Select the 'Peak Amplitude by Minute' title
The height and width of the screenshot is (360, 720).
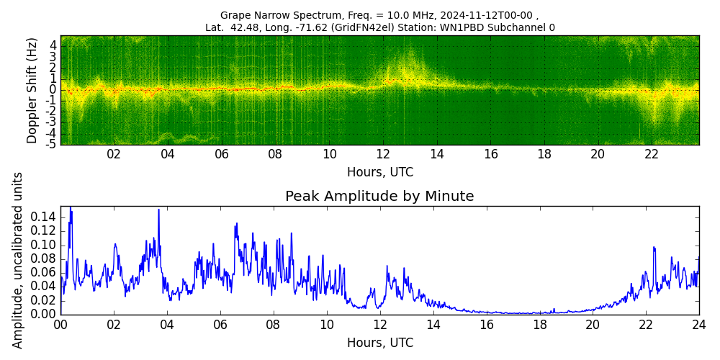tap(379, 197)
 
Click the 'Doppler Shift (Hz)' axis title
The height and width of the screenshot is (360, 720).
tap(32, 90)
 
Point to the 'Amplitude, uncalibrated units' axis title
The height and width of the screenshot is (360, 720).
tap(18, 260)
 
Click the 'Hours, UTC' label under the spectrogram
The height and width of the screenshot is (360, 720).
tap(379, 173)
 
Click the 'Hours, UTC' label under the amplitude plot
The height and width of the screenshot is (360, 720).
tap(379, 343)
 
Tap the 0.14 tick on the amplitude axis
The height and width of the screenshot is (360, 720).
tap(42, 217)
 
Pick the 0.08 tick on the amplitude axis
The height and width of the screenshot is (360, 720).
tap(42, 258)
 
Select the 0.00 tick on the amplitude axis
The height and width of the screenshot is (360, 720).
tap(42, 314)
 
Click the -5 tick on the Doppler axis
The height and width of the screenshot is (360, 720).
tap(52, 144)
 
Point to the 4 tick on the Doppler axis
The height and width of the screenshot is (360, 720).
tap(53, 45)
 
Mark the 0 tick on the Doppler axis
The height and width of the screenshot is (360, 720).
tap(53, 89)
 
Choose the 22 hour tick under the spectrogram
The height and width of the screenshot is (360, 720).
tap(652, 154)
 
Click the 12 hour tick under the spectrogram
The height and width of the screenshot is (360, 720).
tap(383, 154)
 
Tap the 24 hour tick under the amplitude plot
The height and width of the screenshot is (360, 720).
tap(698, 324)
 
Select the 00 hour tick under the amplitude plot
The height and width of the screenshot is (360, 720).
tap(60, 324)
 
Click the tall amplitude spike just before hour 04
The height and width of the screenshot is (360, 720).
tap(158, 210)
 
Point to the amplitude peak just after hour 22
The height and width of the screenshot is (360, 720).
tap(654, 248)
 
